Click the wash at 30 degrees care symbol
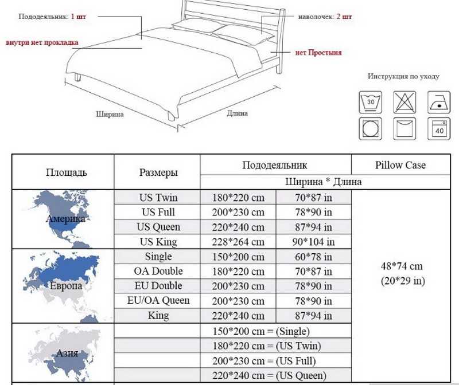coord(370,103)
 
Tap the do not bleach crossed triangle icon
coord(404,103)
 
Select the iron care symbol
coord(438,103)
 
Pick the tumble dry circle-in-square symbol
coord(370,129)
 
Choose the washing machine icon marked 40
coord(438,129)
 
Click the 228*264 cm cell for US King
coord(238,242)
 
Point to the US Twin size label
coord(158,198)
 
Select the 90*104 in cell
coord(313,242)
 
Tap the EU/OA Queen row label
coord(158,301)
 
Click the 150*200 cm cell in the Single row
coord(238,257)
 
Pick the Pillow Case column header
coord(400,165)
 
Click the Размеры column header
coord(158,172)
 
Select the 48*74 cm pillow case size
coord(402,266)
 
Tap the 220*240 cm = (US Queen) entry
coord(269,375)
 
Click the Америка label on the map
coord(65,219)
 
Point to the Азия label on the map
coord(67,353)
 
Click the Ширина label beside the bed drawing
coord(110,114)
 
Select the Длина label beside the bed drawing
coord(237,113)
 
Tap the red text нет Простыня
coord(318,53)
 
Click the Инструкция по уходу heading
coord(404,77)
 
